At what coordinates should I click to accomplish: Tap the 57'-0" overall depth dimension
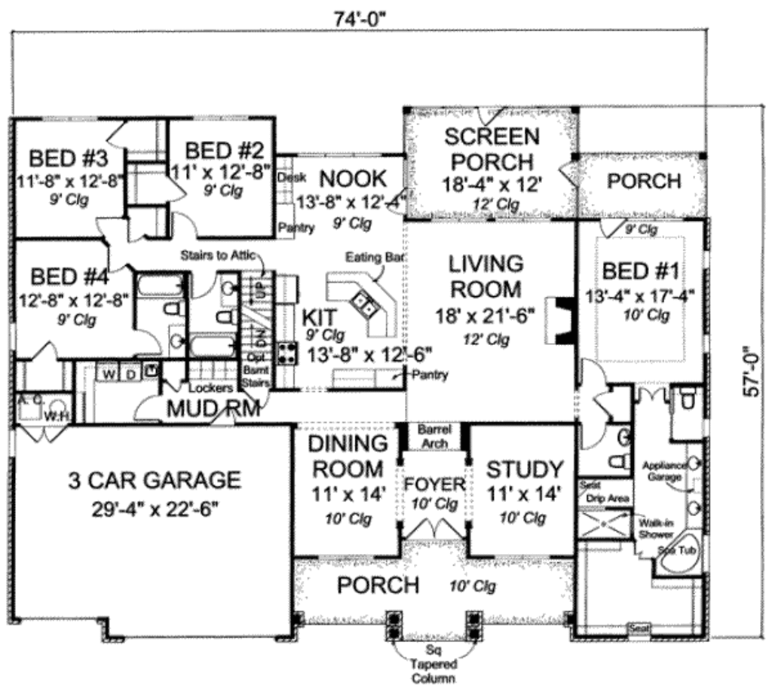pos(749,384)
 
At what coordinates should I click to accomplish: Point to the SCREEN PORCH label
pos(491,149)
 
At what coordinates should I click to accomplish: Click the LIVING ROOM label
pos(486,276)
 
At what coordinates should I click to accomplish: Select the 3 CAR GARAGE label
pos(155,479)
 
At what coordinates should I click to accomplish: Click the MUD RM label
pos(213,409)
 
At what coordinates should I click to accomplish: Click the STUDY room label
pos(524,469)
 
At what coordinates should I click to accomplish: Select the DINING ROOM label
pos(348,456)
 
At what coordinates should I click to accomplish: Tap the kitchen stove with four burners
pos(286,353)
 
